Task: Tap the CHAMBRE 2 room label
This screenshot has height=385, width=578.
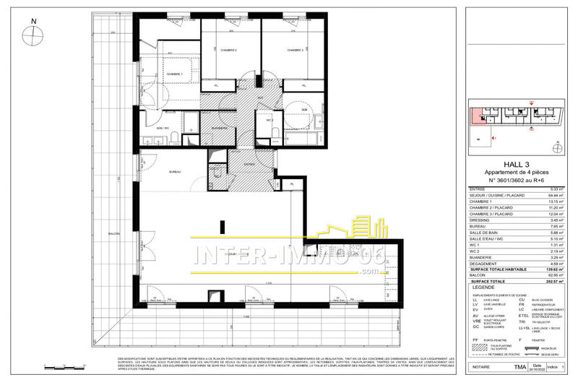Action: click(x=229, y=50)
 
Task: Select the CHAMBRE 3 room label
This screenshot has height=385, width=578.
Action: click(x=294, y=50)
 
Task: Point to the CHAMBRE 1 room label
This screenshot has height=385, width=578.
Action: click(x=174, y=74)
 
